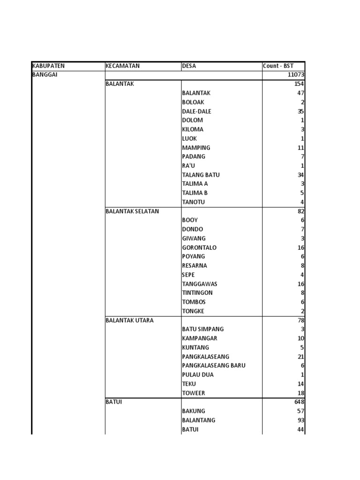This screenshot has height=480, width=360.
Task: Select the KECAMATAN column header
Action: click(123, 66)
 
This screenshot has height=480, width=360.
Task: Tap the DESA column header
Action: click(189, 66)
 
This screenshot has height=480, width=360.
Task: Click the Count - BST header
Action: click(278, 66)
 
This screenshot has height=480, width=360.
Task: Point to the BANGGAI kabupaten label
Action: click(45, 75)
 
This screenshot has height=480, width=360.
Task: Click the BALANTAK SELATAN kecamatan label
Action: click(132, 211)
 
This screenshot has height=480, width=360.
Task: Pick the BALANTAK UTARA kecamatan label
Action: click(130, 321)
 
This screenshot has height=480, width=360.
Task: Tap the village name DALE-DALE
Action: click(196, 112)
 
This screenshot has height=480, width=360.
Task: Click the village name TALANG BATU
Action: click(201, 175)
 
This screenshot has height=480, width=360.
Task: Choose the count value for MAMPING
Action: click(300, 148)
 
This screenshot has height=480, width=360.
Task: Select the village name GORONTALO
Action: click(199, 247)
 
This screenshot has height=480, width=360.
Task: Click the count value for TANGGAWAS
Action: click(300, 284)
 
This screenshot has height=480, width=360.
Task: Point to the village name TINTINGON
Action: click(197, 293)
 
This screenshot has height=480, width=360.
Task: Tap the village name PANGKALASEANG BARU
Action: click(214, 366)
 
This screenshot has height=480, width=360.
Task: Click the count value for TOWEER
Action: click(300, 393)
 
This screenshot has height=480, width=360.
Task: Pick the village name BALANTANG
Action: click(199, 420)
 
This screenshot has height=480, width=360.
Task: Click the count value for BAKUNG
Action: click(300, 411)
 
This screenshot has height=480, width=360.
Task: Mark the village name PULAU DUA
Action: click(196, 375)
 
